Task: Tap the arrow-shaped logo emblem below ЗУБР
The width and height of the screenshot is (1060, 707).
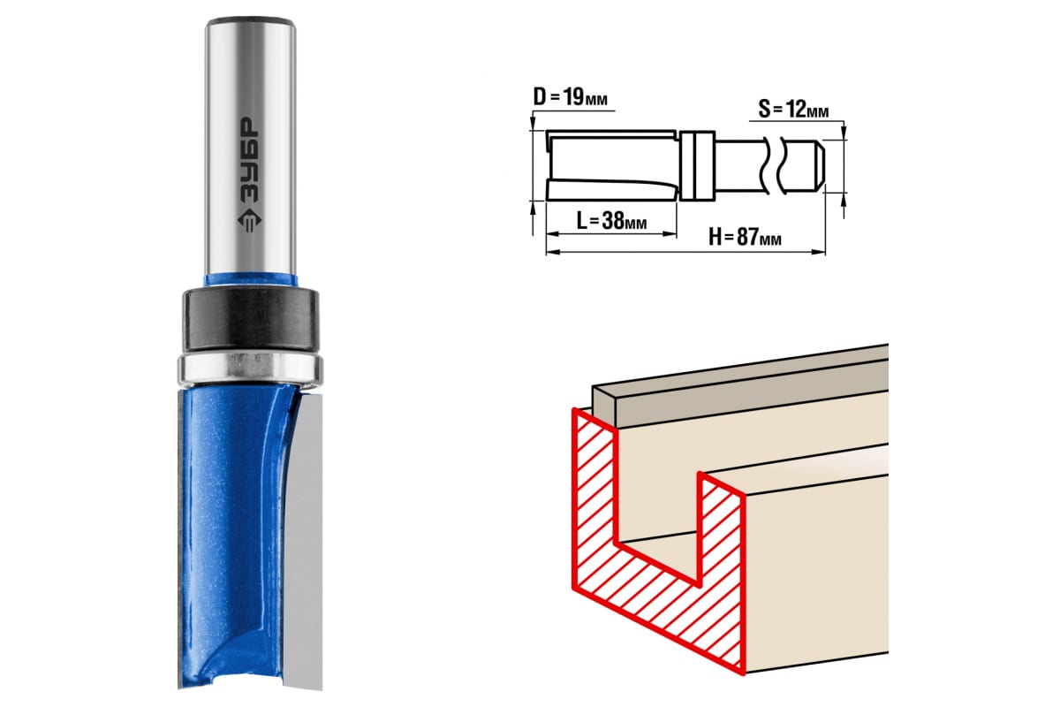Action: [249, 221]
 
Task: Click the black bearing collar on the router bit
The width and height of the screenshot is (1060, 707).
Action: [250, 320]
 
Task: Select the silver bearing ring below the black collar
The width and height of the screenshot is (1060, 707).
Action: [250, 369]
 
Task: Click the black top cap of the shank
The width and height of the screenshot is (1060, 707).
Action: [250, 22]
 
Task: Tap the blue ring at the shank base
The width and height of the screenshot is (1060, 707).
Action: [250, 280]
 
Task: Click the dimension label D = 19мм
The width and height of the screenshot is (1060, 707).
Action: [571, 97]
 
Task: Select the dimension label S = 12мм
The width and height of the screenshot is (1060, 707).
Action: [793, 109]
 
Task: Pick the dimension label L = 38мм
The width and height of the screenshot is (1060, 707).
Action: [611, 220]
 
